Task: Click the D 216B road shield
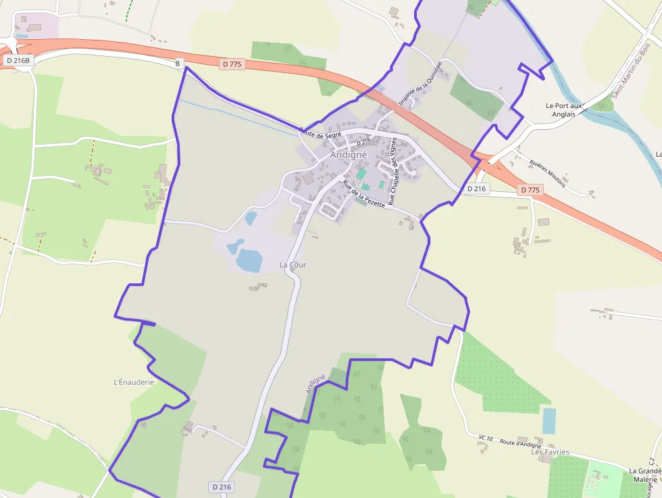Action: click(x=18, y=60)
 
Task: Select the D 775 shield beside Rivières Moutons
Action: click(x=531, y=190)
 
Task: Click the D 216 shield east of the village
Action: click(x=476, y=189)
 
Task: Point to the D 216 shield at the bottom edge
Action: click(x=222, y=487)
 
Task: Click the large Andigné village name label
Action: click(x=349, y=154)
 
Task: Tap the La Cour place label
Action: click(x=292, y=265)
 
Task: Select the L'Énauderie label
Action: click(x=134, y=382)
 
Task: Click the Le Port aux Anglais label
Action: click(x=563, y=109)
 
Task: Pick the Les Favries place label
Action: click(x=550, y=452)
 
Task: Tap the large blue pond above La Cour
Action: click(x=249, y=260)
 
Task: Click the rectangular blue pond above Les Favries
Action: click(x=549, y=421)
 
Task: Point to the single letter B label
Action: click(x=178, y=64)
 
